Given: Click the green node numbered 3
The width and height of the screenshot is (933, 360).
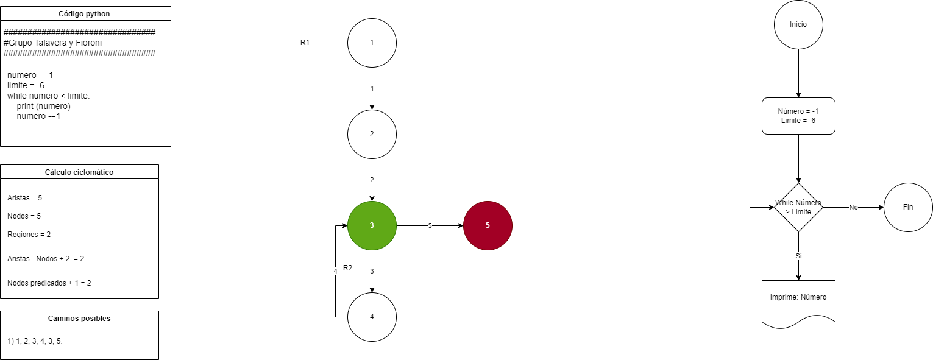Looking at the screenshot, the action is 372,225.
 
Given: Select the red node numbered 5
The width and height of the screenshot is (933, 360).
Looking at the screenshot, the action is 488,225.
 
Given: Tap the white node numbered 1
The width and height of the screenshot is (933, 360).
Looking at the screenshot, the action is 372,43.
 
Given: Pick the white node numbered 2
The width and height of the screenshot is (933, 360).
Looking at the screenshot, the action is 372,134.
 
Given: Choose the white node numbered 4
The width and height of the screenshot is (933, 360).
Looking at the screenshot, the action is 372,317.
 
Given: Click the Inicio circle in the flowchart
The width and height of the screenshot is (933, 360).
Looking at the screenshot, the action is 798,25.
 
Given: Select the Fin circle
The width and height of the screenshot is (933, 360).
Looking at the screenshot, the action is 908,207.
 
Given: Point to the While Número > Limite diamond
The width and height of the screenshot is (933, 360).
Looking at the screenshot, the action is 798,207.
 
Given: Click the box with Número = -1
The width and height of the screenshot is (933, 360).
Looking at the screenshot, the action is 798,116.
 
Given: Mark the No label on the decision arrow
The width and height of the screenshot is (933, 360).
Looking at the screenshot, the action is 853,207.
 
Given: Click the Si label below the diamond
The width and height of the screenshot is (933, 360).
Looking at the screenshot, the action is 798,256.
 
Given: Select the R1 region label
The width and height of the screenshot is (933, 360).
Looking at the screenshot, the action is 305,43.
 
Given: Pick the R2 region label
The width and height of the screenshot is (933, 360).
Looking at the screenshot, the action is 348,268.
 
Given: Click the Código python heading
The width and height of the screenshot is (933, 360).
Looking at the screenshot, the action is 85,13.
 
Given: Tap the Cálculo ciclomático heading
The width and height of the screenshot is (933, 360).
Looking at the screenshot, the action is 79,172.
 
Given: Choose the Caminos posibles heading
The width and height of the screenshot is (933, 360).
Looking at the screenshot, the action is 79,318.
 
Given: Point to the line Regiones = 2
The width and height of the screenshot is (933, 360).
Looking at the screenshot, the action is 29,235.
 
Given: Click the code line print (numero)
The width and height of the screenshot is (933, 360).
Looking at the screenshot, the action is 44,106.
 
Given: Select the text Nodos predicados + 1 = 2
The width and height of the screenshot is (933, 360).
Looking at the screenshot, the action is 49,283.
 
